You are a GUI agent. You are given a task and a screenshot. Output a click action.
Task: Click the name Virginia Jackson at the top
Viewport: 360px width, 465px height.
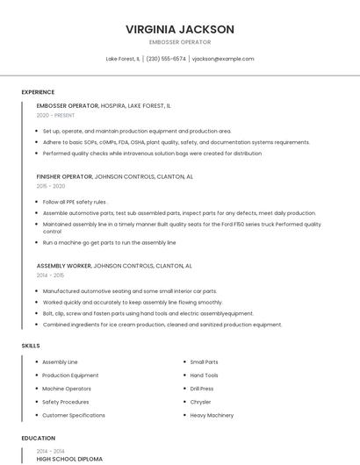(x=180, y=29)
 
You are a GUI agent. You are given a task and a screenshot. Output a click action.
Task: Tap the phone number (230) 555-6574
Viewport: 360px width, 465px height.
(x=166, y=59)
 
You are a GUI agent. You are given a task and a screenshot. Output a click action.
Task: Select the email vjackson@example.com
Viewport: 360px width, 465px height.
(x=223, y=59)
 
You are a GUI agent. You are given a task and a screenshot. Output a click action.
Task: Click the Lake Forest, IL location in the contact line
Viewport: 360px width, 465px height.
(x=123, y=59)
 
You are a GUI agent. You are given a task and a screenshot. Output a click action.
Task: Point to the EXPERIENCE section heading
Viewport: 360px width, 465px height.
(x=38, y=92)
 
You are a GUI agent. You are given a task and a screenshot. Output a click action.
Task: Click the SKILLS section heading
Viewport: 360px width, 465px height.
(x=31, y=346)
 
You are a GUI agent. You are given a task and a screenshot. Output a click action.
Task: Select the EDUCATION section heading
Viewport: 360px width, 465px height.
(x=38, y=438)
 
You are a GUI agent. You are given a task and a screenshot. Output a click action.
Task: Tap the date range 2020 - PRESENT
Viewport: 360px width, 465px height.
(x=56, y=115)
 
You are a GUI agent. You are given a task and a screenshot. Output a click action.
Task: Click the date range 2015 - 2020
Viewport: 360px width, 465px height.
(x=51, y=186)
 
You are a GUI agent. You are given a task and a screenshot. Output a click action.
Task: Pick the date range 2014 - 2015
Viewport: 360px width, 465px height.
(x=50, y=275)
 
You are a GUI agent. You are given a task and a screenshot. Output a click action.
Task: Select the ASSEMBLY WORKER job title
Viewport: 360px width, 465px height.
(x=63, y=265)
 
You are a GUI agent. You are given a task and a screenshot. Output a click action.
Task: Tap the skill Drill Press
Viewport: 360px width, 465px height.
(x=202, y=389)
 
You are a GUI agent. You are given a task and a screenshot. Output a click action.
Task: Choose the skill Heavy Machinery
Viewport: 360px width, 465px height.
(x=212, y=415)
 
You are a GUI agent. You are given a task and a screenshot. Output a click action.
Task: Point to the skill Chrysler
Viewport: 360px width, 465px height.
(x=201, y=402)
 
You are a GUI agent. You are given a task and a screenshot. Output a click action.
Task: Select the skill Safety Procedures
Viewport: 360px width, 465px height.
(x=65, y=402)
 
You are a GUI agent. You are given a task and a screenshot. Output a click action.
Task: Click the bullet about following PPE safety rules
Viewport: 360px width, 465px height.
(x=75, y=202)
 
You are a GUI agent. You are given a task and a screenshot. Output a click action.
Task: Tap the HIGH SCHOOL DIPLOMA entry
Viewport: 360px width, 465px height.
(x=69, y=459)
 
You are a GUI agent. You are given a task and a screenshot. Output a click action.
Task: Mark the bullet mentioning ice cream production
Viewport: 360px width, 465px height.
(x=162, y=325)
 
